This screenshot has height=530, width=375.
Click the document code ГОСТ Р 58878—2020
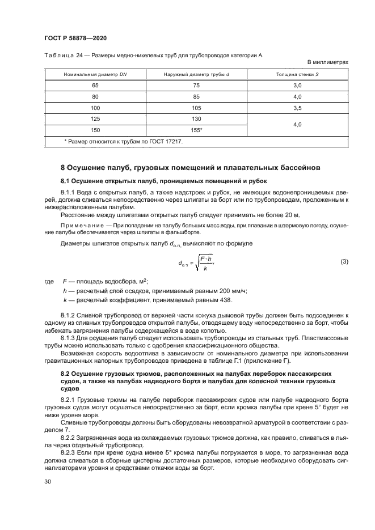point(76,38)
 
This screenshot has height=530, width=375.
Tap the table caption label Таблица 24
point(62,55)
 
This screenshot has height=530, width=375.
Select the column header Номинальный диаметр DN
point(95,74)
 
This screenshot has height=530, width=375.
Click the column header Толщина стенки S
point(297,74)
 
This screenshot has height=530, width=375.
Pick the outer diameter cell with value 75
point(196,85)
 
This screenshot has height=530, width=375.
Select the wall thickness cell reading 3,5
point(297,108)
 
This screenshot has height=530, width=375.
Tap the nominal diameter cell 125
point(95,119)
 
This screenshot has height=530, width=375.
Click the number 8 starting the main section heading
point(63,168)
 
